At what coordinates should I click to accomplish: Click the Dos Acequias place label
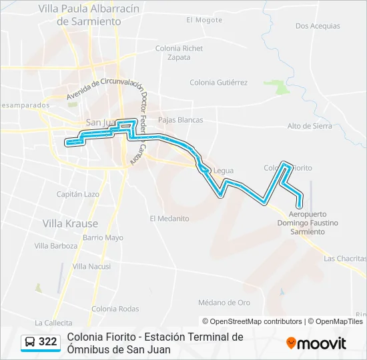[317, 26]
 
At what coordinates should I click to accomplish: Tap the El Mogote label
[204, 20]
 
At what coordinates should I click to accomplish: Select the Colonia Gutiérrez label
[218, 83]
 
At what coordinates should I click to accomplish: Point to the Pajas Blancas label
[180, 120]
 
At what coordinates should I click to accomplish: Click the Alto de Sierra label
[309, 126]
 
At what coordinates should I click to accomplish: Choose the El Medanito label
[169, 218]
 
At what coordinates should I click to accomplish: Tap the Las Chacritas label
[345, 258]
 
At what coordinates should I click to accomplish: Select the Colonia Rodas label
[115, 309]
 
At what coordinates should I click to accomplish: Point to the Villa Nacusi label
[91, 266]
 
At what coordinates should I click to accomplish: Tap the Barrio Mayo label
[103, 237]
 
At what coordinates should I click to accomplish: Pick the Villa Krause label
[70, 223]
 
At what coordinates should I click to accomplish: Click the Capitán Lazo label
[78, 194]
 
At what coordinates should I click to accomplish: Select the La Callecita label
[53, 322]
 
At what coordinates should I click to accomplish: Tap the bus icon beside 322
[30, 343]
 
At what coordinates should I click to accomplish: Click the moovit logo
[316, 343]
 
